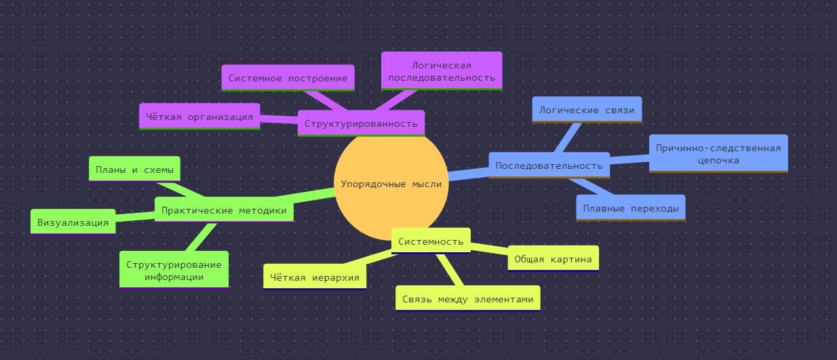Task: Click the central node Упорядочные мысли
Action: pyautogui.click(x=391, y=184)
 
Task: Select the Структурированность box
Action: pyautogui.click(x=361, y=123)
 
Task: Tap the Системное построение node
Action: pyautogui.click(x=288, y=78)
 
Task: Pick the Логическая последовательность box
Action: pyautogui.click(x=442, y=71)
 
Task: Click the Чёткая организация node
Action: pyautogui.click(x=199, y=116)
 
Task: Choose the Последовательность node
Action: pyautogui.click(x=549, y=165)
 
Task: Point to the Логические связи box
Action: pyautogui.click(x=587, y=110)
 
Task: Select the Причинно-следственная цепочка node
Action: pyautogui.click(x=718, y=154)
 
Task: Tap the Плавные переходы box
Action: pyautogui.click(x=631, y=208)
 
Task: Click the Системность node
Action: pyautogui.click(x=431, y=241)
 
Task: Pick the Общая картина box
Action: pyautogui.click(x=553, y=258)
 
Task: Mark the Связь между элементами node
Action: pyautogui.click(x=467, y=298)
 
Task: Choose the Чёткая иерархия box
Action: pyautogui.click(x=315, y=277)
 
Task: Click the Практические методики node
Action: pyautogui.click(x=223, y=210)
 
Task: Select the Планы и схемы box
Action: pyautogui.click(x=134, y=169)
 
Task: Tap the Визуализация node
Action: pyautogui.click(x=73, y=222)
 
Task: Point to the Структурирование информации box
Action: pyautogui.click(x=174, y=270)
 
